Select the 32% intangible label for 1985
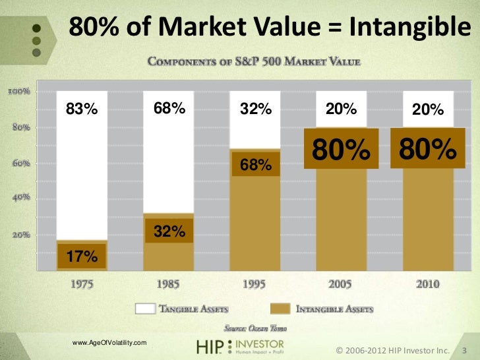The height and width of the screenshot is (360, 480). coord(169,231)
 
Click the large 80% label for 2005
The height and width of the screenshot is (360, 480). coord(341,150)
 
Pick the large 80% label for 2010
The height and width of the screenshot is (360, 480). coord(427,149)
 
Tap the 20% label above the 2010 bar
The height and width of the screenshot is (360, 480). coord(427,110)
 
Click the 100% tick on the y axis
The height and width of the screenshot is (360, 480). coord(18,91)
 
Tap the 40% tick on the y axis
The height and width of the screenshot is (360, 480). coord(18,198)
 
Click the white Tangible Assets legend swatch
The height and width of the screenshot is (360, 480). coord(144,309)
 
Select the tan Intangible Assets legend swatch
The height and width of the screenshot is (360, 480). coord(280,309)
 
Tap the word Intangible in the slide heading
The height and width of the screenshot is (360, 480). coord(405,27)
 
